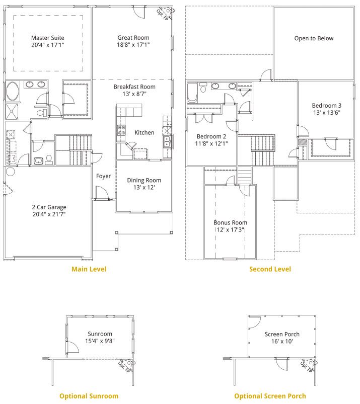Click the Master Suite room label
pyautogui.click(x=48, y=38)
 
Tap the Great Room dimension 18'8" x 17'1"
pyautogui.click(x=133, y=45)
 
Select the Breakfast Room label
pyautogui.click(x=134, y=87)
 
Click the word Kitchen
pyautogui.click(x=145, y=133)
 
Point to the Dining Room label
pyautogui.click(x=144, y=180)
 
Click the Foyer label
pyautogui.click(x=104, y=176)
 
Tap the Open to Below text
pyautogui.click(x=314, y=38)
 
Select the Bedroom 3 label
pyautogui.click(x=326, y=105)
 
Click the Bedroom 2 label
pyautogui.click(x=211, y=136)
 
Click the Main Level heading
pyautogui.click(x=89, y=269)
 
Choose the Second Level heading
pyautogui.click(x=270, y=269)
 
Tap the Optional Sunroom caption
pyautogui.click(x=89, y=396)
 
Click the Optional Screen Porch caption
pyautogui.click(x=270, y=396)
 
